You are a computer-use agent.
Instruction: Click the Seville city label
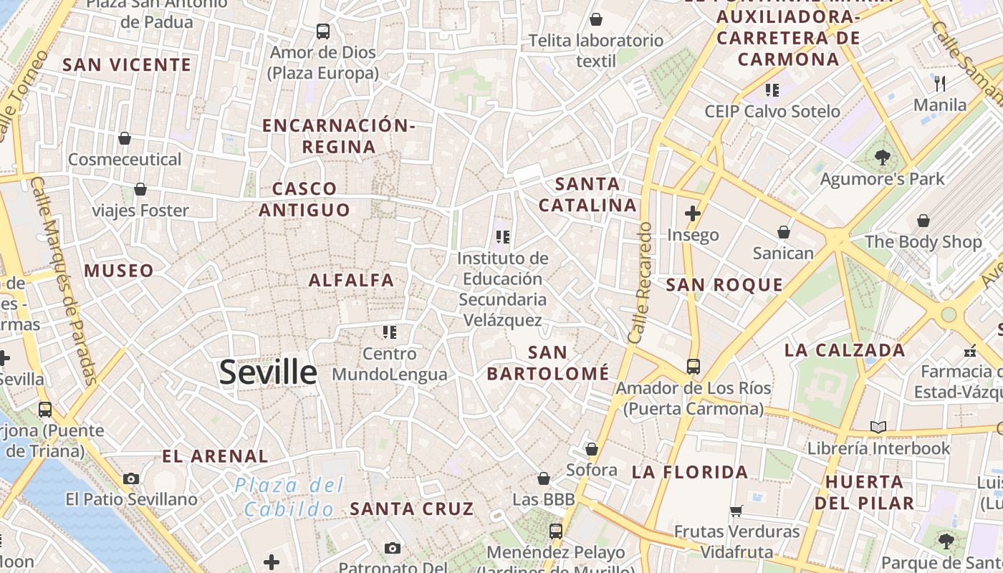[268, 372]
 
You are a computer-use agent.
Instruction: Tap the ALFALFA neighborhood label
[351, 280]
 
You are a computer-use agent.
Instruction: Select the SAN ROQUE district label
[724, 285]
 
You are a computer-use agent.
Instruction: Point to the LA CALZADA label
[845, 350]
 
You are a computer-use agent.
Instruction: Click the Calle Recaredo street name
[639, 282]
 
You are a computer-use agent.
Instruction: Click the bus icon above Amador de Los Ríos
[693, 366]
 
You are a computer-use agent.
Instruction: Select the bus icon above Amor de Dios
[323, 32]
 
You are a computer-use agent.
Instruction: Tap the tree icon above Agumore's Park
[882, 158]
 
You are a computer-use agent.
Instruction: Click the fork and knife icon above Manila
[940, 84]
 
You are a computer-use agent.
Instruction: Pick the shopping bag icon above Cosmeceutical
[125, 138]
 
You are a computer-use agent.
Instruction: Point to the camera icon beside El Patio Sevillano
[130, 478]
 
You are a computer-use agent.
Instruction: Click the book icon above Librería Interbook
[878, 428]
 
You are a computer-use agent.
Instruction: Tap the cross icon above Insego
[692, 213]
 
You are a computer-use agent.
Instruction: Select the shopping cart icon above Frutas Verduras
[736, 511]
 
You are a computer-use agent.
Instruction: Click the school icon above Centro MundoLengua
[390, 332]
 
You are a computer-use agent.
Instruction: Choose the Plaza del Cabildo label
[289, 497]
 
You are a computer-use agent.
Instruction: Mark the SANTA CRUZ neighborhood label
[411, 509]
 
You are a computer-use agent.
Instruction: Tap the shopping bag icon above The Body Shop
[923, 221]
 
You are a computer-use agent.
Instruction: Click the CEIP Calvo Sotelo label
[772, 111]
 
